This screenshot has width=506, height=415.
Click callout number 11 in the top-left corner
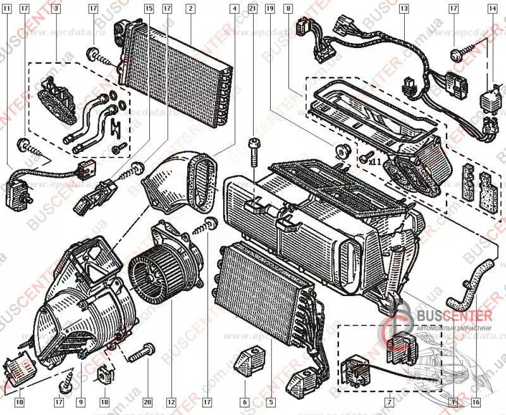pyautogui.click(x=7, y=9)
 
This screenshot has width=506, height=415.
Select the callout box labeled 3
pyautogui.click(x=56, y=9)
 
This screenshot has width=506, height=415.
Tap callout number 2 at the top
pyautogui.click(x=190, y=9)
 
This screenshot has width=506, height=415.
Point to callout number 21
pyautogui.click(x=252, y=9)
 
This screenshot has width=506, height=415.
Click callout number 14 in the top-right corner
pyautogui.click(x=493, y=9)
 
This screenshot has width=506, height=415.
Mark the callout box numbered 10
pyautogui.click(x=19, y=402)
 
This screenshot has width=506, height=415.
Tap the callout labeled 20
pyautogui.click(x=147, y=402)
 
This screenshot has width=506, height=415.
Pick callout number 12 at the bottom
pyautogui.click(x=170, y=402)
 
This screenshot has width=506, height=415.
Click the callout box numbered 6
pyautogui.click(x=244, y=402)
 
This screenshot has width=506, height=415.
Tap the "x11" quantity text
pyautogui.click(x=376, y=161)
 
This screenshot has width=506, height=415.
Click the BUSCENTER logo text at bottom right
pyautogui.click(x=452, y=314)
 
